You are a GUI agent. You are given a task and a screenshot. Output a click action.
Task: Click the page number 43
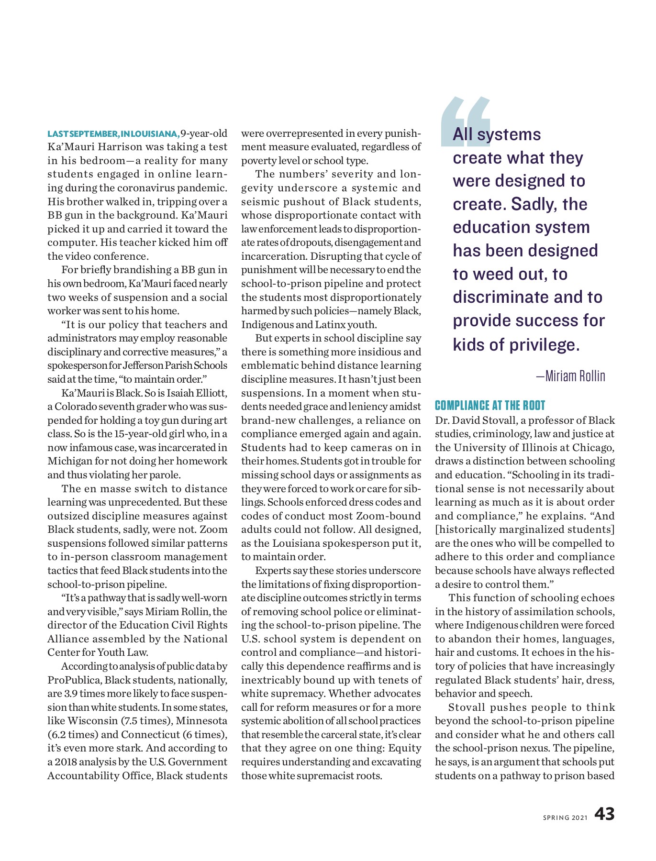(604, 814)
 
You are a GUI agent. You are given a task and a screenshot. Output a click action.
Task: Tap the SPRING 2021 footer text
(565, 817)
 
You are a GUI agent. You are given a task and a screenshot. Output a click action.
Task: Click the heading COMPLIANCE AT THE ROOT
(490, 406)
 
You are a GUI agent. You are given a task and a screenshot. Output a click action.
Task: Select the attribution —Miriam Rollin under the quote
(570, 376)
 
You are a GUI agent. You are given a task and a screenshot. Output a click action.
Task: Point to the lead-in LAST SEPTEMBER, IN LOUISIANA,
(113, 133)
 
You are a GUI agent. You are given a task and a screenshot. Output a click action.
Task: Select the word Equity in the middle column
(405, 748)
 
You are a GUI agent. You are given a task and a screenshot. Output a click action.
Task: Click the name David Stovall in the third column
(481, 420)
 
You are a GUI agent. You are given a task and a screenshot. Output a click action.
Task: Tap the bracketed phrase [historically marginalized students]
(524, 530)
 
